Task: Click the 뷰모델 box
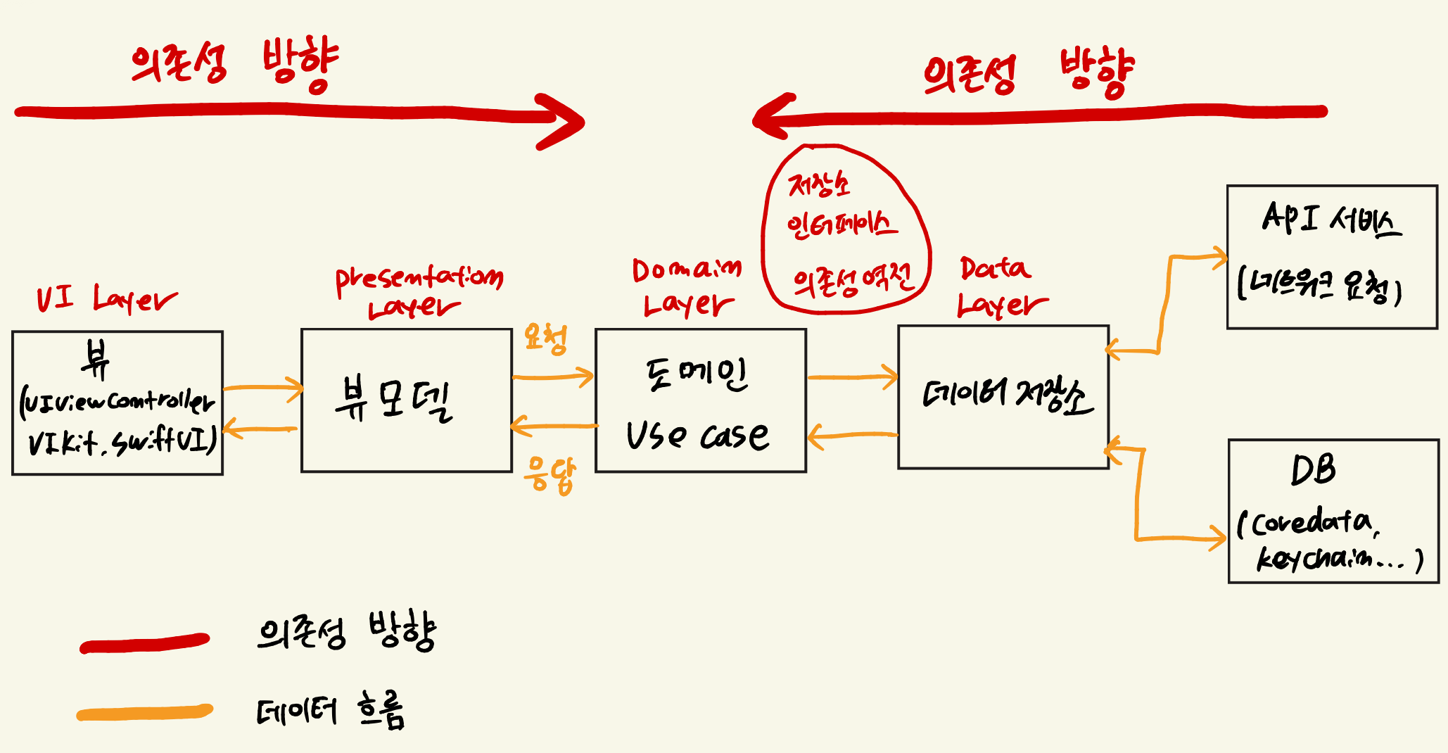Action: [x=406, y=400]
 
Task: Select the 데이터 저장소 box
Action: [x=1003, y=397]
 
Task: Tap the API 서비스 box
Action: [x=1331, y=257]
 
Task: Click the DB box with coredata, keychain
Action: [x=1333, y=512]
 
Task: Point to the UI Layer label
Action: [x=106, y=299]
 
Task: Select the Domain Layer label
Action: [x=687, y=287]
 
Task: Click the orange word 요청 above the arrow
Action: [x=545, y=339]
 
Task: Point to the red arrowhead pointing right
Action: [x=563, y=121]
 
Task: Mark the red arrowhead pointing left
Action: [x=773, y=118]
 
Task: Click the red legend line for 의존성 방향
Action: [x=144, y=643]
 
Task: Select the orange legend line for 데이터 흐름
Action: [x=144, y=713]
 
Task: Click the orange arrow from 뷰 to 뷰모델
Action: [x=263, y=388]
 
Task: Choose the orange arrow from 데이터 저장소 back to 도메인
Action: [x=851, y=436]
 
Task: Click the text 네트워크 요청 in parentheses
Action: [x=1320, y=287]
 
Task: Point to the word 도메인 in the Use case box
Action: [x=697, y=374]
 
